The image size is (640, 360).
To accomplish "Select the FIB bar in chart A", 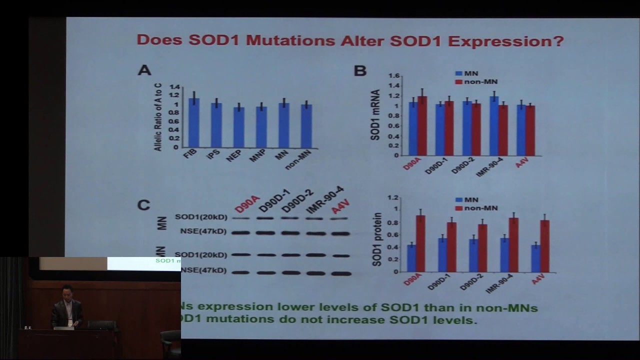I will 194,122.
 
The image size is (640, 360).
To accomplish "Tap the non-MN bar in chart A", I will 306,126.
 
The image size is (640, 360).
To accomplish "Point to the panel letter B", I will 360,71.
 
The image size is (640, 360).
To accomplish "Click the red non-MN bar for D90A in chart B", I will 422,126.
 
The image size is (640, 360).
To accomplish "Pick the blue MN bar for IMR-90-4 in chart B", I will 494,126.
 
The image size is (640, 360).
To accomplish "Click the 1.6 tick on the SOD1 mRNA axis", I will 394,76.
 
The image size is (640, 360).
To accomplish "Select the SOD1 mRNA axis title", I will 375,115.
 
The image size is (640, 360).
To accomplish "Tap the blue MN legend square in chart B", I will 458,73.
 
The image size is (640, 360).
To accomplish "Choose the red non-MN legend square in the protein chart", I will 458,208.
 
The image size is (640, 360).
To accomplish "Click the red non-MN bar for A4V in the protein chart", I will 545,246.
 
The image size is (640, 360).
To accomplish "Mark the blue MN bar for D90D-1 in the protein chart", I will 442,255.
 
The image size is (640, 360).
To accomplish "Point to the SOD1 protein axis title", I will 377,239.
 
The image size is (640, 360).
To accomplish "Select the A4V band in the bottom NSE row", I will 341,273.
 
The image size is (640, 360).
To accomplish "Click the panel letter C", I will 143,205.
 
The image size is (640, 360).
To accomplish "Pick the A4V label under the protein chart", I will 538,278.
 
